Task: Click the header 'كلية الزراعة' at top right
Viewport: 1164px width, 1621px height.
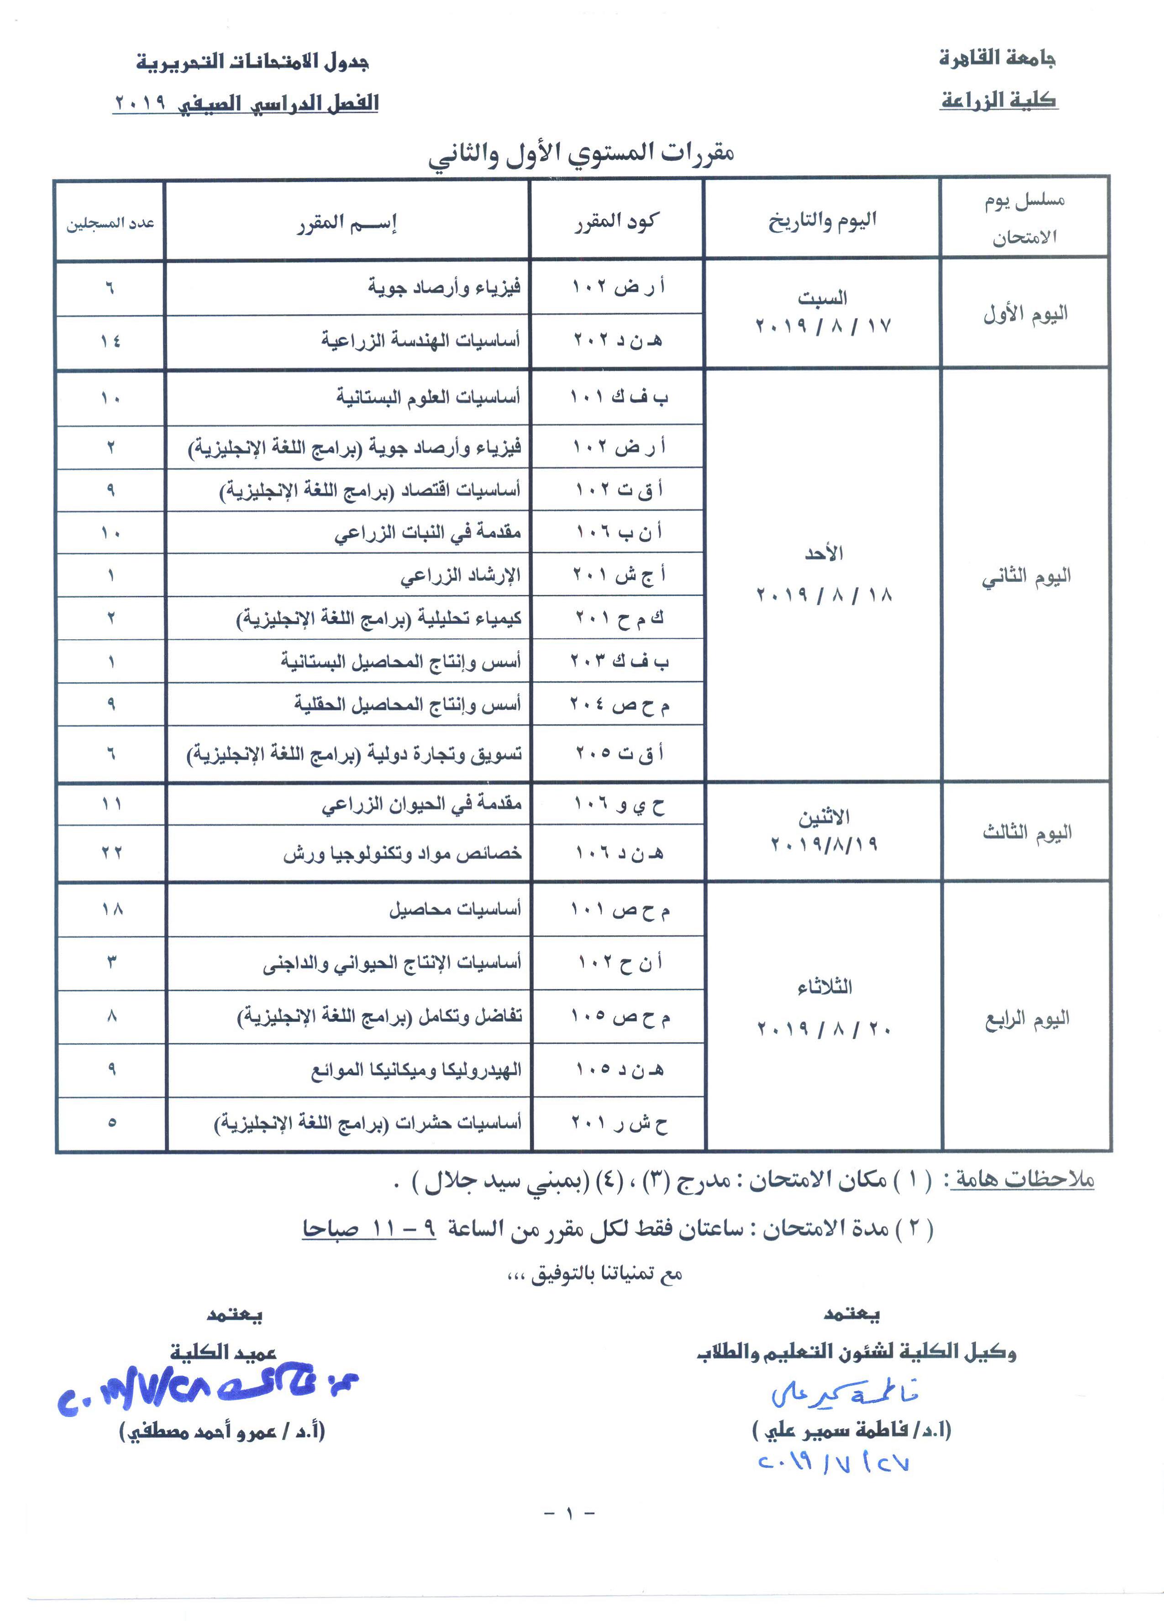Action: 998,100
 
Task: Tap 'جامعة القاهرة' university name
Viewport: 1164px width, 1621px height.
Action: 997,58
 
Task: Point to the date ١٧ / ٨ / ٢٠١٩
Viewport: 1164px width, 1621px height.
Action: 823,326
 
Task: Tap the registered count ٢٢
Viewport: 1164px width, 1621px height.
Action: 111,853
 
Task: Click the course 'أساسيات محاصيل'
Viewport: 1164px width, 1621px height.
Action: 455,909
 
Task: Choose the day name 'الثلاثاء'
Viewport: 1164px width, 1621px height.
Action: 824,987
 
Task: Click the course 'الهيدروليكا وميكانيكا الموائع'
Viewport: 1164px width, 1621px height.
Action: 416,1070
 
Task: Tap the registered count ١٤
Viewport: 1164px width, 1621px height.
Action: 111,341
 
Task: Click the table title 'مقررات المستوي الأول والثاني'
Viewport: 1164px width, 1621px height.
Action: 581,154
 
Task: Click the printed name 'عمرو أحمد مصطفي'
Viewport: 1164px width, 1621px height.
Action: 222,1430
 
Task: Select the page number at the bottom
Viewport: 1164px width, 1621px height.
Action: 570,1513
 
